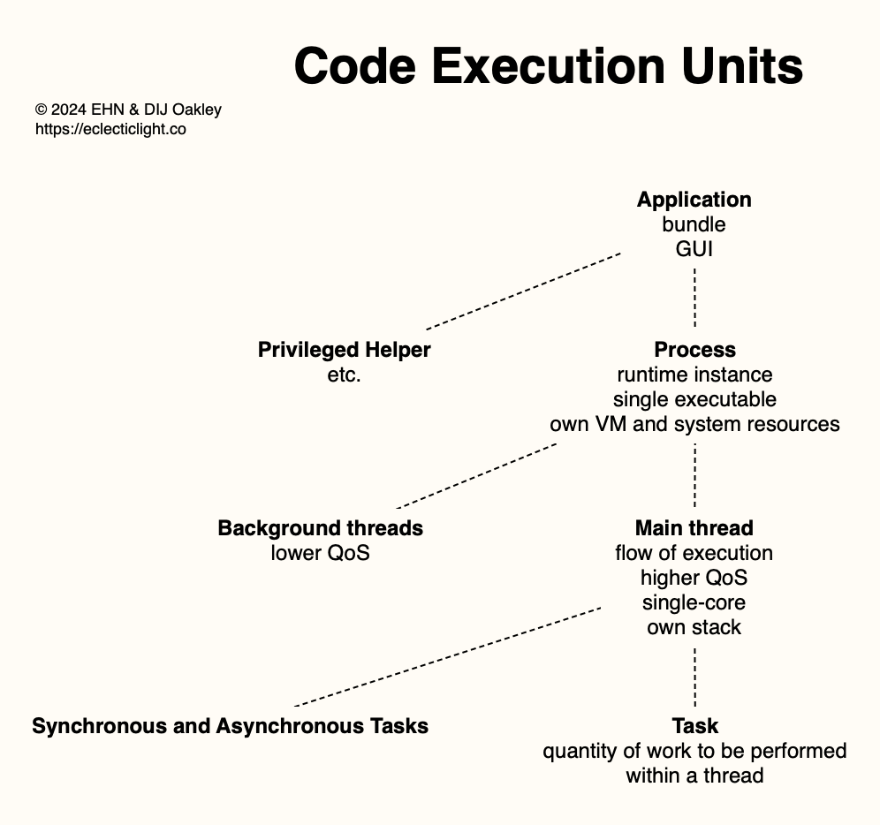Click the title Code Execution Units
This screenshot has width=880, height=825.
549,66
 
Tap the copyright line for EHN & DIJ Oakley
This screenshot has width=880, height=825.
128,110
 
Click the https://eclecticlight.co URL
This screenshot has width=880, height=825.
110,129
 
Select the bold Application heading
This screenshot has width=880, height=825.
694,201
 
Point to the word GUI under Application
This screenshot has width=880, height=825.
694,249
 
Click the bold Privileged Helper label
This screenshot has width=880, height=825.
344,350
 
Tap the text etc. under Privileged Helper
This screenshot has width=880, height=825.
344,375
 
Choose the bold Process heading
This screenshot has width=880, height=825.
694,350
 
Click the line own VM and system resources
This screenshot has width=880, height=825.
694,424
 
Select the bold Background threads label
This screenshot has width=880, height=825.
321,529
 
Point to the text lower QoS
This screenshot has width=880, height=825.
321,553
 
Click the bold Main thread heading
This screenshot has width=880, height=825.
694,529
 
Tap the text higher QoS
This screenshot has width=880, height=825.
694,578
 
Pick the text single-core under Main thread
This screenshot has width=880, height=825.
694,602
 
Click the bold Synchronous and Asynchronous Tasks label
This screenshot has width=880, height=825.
230,726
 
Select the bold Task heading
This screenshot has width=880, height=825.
694,726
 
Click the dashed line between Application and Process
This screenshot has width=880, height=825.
694,298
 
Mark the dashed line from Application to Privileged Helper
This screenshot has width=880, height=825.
523,291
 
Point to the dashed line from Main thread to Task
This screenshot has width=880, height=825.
694,677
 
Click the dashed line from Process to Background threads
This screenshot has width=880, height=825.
476,476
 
